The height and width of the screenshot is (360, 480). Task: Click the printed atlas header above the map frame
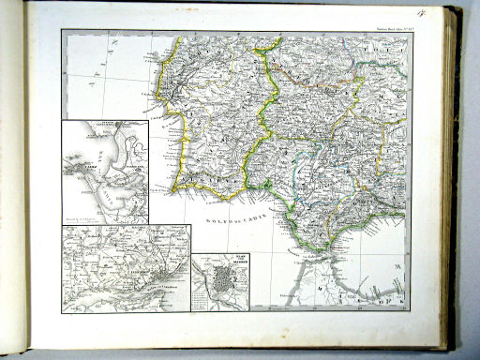[388, 24]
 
